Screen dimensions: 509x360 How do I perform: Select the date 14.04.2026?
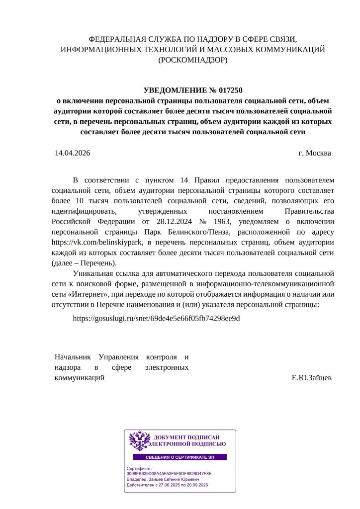(73, 153)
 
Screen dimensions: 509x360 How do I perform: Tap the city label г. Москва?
(314, 153)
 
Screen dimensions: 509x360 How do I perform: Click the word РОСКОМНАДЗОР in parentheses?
(192, 60)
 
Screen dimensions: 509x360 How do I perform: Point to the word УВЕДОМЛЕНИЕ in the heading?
(174, 90)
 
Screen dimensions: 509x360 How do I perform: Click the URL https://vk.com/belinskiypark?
(97, 243)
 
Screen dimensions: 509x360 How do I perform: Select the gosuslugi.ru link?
(156, 318)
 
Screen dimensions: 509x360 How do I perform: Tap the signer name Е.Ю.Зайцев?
(311, 378)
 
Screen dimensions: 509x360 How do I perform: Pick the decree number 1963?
(224, 222)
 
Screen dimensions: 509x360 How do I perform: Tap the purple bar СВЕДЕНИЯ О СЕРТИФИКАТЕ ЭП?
(180, 457)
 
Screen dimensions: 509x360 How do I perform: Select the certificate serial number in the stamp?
(169, 474)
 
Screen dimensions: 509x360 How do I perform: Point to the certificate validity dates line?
(167, 485)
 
